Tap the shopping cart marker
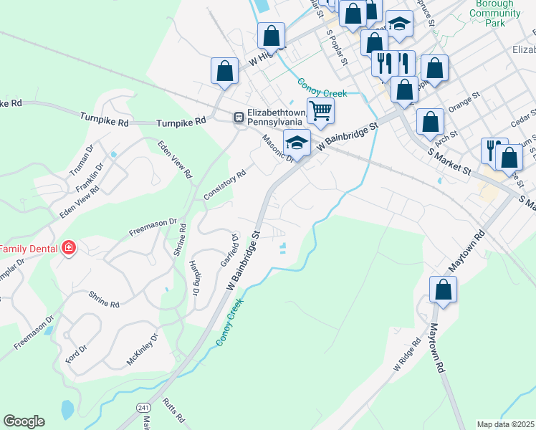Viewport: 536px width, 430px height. point(320,110)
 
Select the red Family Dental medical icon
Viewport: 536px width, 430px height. point(69,248)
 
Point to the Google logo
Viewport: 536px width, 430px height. point(24,421)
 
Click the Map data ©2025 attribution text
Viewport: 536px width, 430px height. point(506,424)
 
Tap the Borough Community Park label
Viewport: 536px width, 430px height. point(494,13)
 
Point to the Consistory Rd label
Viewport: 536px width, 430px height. point(225,184)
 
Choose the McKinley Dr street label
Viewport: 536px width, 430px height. point(142,349)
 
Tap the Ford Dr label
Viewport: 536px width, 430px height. point(76,353)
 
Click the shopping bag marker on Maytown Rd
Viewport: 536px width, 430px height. point(443,290)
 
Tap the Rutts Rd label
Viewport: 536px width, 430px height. point(174,409)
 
